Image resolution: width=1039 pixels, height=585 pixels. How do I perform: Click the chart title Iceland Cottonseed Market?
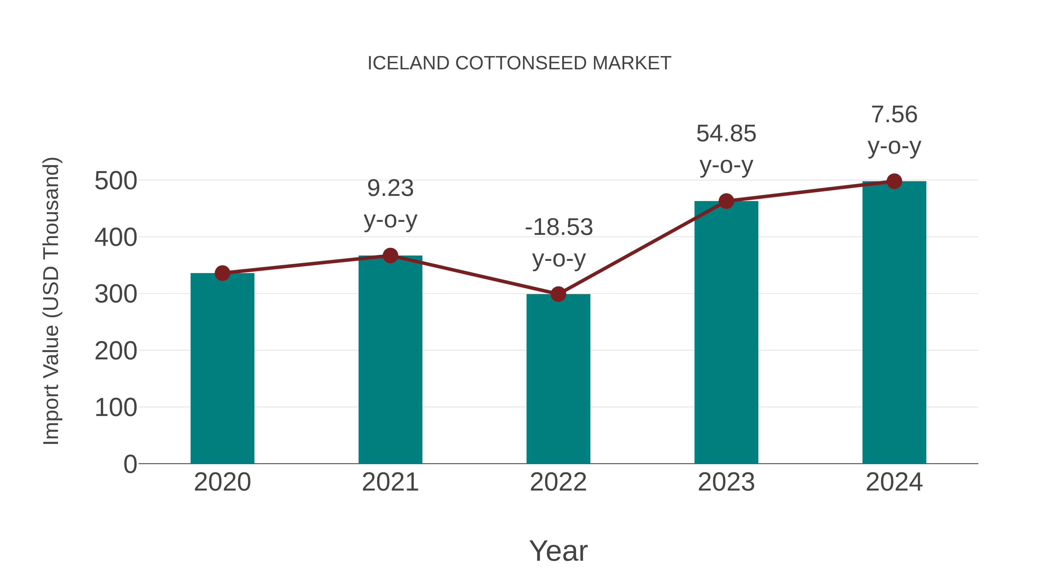point(519,63)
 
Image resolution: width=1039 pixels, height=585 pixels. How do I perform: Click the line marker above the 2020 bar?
point(222,273)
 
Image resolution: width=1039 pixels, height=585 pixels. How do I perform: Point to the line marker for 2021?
point(390,256)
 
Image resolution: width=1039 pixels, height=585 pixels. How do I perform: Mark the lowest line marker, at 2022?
point(558,294)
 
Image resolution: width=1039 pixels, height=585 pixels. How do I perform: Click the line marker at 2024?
point(894,181)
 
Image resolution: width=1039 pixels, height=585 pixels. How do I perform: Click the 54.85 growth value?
point(726,134)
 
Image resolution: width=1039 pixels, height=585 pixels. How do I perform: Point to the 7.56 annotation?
point(894,115)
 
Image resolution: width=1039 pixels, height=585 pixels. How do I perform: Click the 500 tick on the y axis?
point(116,181)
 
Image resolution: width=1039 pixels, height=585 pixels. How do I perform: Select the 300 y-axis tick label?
point(116,294)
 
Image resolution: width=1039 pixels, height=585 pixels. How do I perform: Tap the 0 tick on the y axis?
point(130,464)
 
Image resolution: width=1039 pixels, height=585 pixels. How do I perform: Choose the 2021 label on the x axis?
point(390,482)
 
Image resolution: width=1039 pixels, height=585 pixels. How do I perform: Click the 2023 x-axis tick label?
point(726,482)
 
